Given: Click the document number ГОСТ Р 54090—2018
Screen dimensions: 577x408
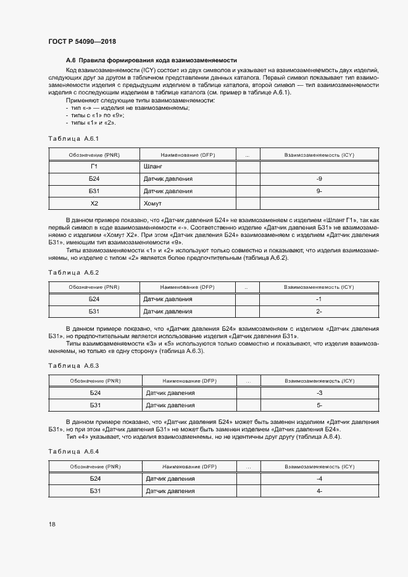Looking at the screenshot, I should click(82, 41).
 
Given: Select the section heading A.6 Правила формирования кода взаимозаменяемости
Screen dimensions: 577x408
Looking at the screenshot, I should click(151, 60).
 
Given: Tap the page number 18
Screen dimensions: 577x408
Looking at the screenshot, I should click(52, 525).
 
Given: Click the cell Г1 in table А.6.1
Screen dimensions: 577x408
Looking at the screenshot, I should click(94, 167).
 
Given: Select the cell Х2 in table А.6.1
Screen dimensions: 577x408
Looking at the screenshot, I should click(94, 204).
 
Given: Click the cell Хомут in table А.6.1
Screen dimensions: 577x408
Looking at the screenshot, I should click(153, 204).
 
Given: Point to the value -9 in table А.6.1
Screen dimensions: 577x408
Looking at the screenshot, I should click(319, 179).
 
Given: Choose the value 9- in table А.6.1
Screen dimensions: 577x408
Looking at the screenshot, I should click(319, 191).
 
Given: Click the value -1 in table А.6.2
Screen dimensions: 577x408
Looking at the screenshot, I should click(319, 299).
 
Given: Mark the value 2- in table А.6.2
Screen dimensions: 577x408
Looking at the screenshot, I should click(319, 312).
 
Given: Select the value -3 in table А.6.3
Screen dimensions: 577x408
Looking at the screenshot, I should click(319, 393).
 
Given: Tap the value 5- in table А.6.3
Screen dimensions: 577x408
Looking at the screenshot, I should click(319, 405).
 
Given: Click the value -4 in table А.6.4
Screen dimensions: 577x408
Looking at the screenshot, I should click(319, 479).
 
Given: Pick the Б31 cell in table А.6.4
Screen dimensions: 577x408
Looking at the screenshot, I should click(94, 491).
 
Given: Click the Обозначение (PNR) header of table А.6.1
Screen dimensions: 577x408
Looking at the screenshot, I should click(94, 154).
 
